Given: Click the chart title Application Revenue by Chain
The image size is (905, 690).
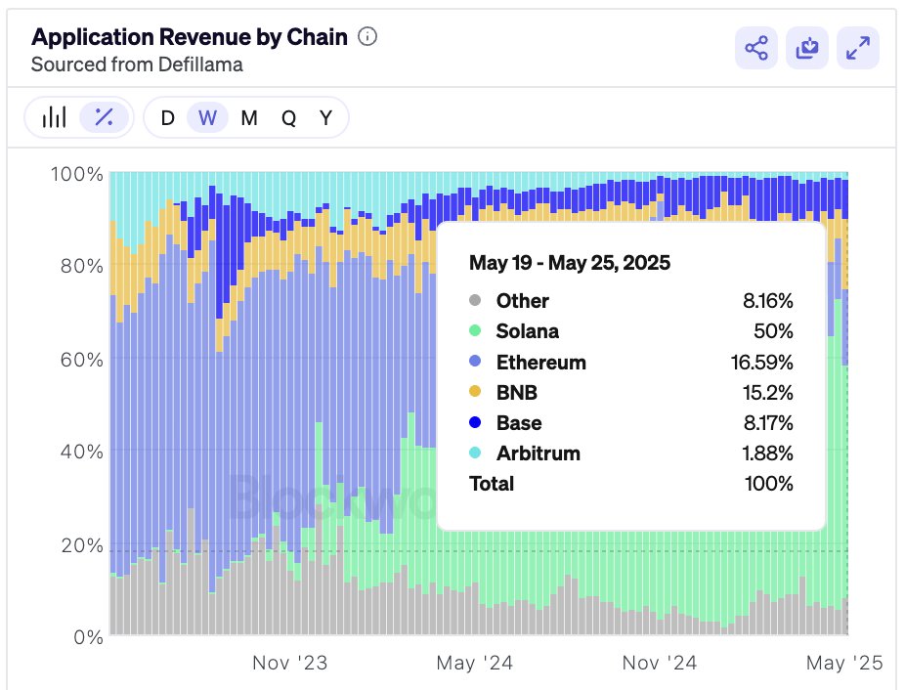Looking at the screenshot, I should tap(189, 37).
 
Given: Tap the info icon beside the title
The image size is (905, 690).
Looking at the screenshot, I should tap(367, 37).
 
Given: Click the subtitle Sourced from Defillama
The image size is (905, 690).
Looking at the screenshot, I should tap(137, 65).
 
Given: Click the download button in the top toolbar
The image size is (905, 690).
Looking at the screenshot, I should tap(807, 48).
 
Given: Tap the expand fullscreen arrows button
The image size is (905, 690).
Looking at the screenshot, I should tap(858, 48).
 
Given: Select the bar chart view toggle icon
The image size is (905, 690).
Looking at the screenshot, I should tap(55, 118).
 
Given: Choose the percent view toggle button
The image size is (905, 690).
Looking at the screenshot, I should tap(104, 118).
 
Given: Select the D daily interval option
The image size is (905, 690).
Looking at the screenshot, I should tap(168, 118).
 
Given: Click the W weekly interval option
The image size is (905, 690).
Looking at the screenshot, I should tap(207, 118).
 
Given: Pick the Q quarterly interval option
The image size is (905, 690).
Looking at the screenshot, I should tap(289, 118).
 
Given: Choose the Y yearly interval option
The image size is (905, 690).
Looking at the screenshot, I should tap(326, 118).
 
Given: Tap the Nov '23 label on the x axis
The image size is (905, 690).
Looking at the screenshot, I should tap(289, 663).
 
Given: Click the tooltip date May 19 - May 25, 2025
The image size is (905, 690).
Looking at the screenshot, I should tap(569, 263).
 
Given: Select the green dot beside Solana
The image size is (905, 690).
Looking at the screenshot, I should tap(475, 331).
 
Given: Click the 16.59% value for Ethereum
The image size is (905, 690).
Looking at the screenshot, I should tap(760, 363).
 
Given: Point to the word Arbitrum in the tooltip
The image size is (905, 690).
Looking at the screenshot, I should tap(538, 453).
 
